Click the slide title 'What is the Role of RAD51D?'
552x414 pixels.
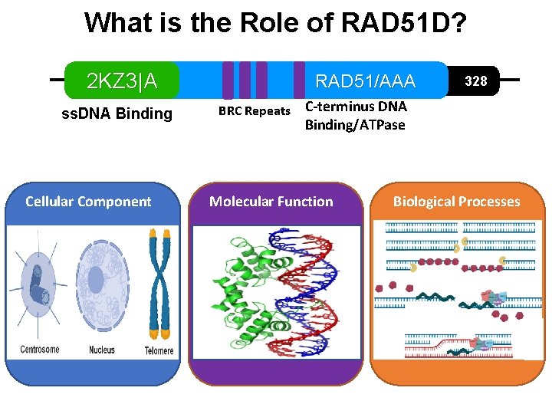(275, 23)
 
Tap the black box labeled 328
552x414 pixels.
(476, 80)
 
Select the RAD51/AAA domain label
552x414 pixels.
(365, 81)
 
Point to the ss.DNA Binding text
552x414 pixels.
(117, 114)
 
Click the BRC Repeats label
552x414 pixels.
(254, 111)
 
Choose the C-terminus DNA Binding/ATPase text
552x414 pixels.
(356, 116)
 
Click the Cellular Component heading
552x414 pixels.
(88, 202)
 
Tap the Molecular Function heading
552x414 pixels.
(271, 202)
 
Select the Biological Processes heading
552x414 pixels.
(456, 202)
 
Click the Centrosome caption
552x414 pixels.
(39, 350)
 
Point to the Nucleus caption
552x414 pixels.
(101, 350)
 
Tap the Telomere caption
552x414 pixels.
(159, 351)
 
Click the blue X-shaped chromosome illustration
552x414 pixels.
(159, 284)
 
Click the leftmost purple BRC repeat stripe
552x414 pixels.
(228, 80)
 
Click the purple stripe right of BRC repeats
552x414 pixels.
(299, 80)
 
